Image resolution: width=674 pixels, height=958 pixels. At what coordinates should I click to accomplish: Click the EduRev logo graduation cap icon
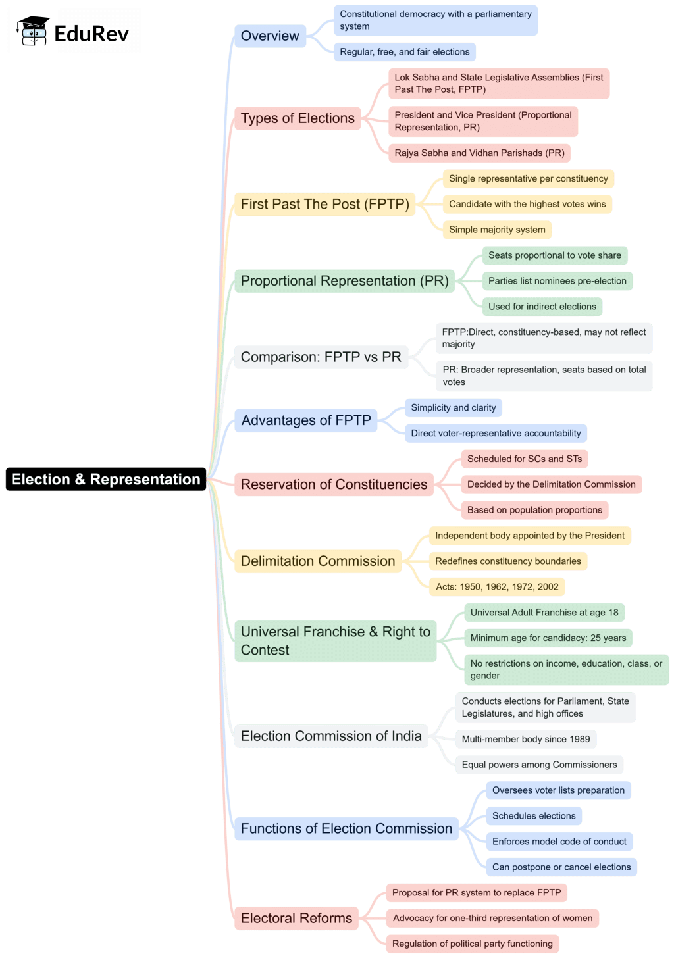[x=33, y=31]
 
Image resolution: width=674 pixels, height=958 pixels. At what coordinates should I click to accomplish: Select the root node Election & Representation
[x=106, y=479]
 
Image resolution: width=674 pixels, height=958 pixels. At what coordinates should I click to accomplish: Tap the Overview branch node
[x=270, y=36]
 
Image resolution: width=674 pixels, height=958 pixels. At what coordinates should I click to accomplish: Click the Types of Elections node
[x=298, y=118]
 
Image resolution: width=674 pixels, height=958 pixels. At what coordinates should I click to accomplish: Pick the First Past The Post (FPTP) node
[x=325, y=204]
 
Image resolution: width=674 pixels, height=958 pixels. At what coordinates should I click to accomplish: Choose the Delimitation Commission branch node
[x=318, y=561]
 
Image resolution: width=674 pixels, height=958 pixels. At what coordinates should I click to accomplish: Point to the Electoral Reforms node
[x=296, y=918]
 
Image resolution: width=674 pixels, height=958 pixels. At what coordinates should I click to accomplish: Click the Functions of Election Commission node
[x=346, y=828]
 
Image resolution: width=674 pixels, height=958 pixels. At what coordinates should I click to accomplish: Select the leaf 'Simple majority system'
[x=497, y=230]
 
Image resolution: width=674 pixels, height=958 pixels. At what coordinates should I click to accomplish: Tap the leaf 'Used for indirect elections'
[x=542, y=307]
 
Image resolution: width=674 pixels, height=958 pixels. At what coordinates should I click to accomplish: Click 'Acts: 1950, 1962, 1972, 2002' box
[x=497, y=587]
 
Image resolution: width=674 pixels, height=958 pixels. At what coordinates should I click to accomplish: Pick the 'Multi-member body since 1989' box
[x=526, y=739]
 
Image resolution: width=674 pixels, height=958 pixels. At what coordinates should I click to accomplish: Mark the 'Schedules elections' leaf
[x=534, y=816]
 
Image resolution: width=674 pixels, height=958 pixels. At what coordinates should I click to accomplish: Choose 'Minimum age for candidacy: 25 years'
[x=548, y=638]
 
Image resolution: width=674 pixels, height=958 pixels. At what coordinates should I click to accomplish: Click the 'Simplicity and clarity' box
[x=454, y=408]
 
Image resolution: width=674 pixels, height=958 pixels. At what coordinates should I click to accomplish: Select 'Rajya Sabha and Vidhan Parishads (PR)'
[x=479, y=153]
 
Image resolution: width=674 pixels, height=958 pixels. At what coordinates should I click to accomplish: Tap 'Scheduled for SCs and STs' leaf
[x=525, y=459]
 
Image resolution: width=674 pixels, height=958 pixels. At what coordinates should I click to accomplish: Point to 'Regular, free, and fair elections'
[x=405, y=52]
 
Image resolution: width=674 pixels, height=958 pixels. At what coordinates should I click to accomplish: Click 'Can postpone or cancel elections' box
[x=561, y=867]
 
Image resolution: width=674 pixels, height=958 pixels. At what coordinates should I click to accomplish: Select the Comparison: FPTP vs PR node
[x=321, y=357]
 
